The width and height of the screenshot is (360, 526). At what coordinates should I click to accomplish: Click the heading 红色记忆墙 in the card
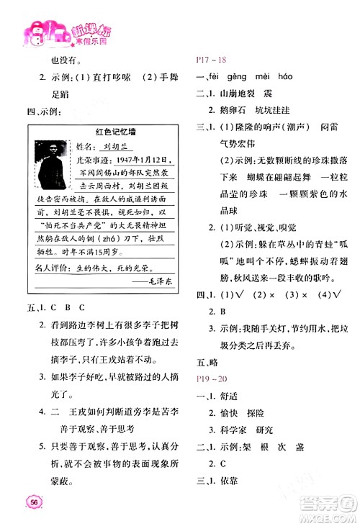tap(110, 132)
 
